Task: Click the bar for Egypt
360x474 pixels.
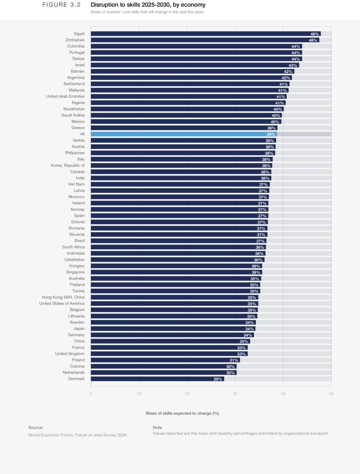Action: (205, 34)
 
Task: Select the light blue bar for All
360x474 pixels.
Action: (184, 134)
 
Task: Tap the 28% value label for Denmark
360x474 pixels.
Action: (218, 379)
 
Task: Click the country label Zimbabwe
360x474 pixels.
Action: (75, 40)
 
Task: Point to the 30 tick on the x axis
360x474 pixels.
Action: (235, 394)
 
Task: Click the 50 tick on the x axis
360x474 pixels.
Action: (331, 394)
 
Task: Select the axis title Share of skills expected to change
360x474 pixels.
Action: (182, 413)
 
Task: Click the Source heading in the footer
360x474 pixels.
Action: (36, 427)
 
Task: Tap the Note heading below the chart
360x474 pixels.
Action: (158, 427)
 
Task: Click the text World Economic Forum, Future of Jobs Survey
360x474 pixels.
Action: (78, 435)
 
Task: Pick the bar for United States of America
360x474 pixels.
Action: (174, 303)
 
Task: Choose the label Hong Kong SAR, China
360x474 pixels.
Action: (63, 297)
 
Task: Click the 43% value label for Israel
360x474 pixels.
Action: (293, 65)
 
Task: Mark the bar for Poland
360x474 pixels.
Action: (165, 360)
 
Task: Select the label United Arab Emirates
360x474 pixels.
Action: (65, 96)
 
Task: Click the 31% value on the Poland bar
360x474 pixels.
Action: (234, 360)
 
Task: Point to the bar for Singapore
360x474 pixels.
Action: (176, 272)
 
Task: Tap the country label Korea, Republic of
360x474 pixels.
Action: (68, 165)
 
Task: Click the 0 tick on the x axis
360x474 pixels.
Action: (91, 394)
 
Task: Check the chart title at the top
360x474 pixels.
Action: (147, 12)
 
